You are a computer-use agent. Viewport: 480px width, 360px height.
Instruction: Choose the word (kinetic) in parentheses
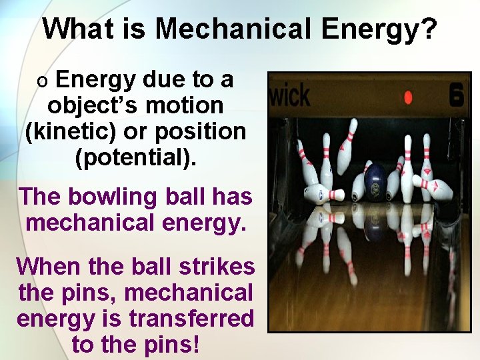(71, 131)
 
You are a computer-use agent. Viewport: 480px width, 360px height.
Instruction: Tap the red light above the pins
(408, 97)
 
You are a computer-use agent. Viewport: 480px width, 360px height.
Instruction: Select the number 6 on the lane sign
(456, 95)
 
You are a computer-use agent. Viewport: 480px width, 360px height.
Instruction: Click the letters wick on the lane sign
(289, 95)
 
